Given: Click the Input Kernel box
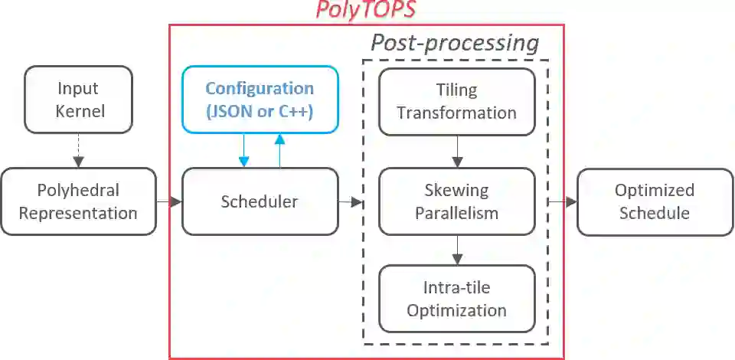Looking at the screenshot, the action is click(x=78, y=100).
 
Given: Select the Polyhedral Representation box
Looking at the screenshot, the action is click(x=78, y=201).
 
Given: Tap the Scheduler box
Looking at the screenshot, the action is click(x=260, y=201).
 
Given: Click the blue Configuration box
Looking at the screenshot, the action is click(x=260, y=100).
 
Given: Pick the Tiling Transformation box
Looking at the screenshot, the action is click(x=456, y=101).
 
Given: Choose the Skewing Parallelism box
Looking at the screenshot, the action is click(x=456, y=201).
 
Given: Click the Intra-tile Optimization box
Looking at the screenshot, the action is click(x=456, y=299).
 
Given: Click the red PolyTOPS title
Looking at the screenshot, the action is click(x=367, y=11).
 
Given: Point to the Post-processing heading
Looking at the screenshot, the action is click(x=455, y=42).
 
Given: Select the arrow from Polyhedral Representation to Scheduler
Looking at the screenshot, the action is click(x=169, y=201).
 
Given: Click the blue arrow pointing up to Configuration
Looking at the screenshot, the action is click(x=279, y=150).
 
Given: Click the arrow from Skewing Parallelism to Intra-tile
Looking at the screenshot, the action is click(x=457, y=250).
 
